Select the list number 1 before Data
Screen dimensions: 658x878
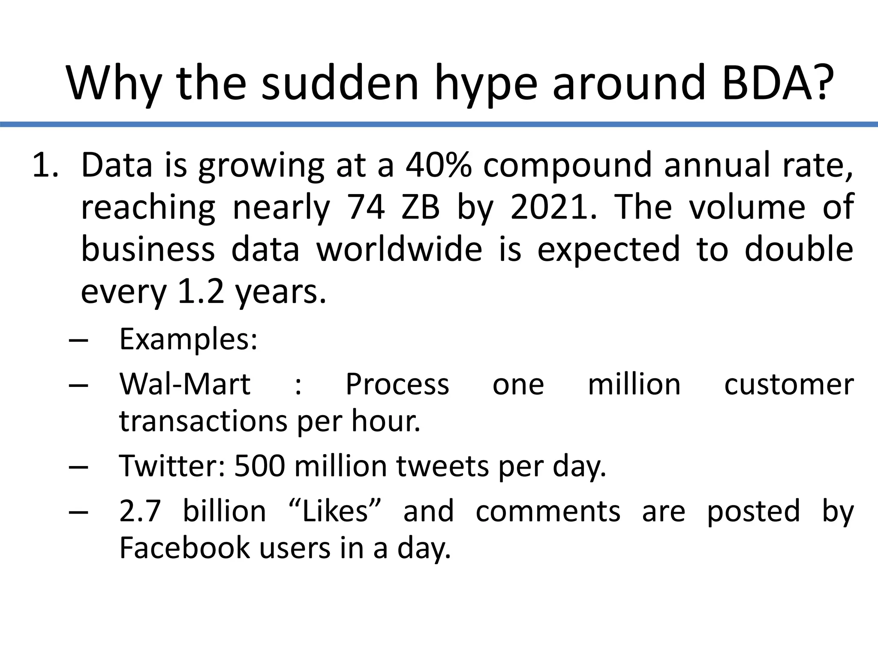click(x=45, y=165)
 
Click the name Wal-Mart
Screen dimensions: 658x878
click(x=185, y=384)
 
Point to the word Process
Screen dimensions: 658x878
click(x=397, y=384)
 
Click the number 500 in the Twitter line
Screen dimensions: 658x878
click(x=259, y=466)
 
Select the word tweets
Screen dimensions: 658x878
click(x=442, y=466)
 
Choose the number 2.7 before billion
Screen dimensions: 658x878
click(x=140, y=511)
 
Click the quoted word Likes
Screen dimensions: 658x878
click(x=335, y=511)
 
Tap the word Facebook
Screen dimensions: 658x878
click(x=184, y=548)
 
